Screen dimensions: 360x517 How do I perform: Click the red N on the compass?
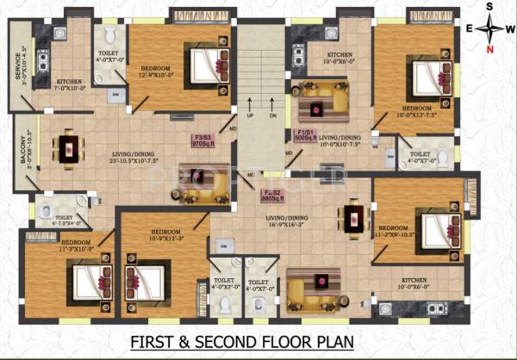(x=490, y=49)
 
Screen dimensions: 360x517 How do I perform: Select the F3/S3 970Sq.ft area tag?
(x=201, y=141)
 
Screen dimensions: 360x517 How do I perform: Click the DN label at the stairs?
(x=273, y=115)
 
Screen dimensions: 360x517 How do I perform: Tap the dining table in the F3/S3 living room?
(x=67, y=148)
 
